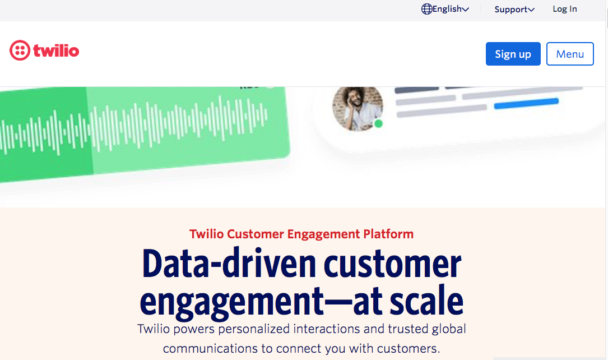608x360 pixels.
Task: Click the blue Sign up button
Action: coord(513,54)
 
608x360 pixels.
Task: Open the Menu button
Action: coord(569,54)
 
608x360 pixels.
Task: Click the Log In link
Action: coord(565,9)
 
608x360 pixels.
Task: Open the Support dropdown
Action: coord(514,10)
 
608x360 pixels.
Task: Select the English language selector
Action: coord(445,9)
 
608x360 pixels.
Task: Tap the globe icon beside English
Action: coord(426,9)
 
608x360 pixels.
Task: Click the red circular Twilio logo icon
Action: coord(20,50)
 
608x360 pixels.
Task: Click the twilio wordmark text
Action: coord(56,50)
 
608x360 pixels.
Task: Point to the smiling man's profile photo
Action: coord(358,108)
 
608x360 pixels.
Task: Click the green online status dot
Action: coord(378,124)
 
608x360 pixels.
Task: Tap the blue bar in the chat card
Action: coord(526,104)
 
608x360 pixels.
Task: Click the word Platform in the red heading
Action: coord(388,234)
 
